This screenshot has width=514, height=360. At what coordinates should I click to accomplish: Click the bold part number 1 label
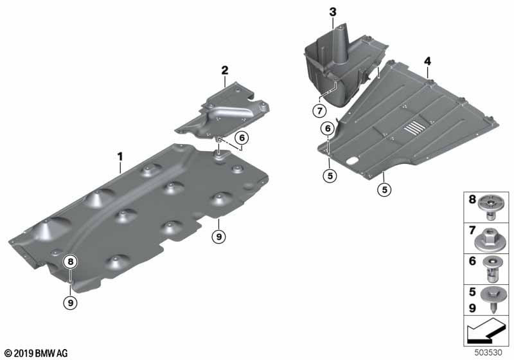coord(120,156)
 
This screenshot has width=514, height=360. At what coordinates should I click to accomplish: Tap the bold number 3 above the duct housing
coord(332,12)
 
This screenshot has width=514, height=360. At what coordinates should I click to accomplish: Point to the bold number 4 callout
coord(427,61)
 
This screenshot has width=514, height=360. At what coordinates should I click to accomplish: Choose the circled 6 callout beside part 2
coord(242,137)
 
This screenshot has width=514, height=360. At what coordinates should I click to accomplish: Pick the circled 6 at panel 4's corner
coord(328,129)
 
